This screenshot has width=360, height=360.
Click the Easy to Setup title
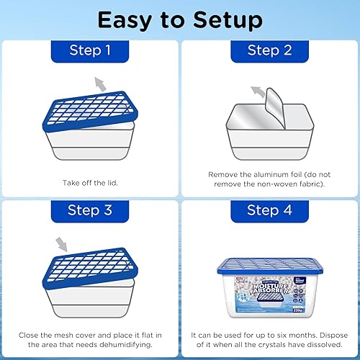tap(179, 19)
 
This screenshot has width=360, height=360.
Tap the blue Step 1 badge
tap(90, 50)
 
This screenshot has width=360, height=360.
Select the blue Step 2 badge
tap(269, 50)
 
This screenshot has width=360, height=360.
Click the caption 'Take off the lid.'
tap(90, 184)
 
